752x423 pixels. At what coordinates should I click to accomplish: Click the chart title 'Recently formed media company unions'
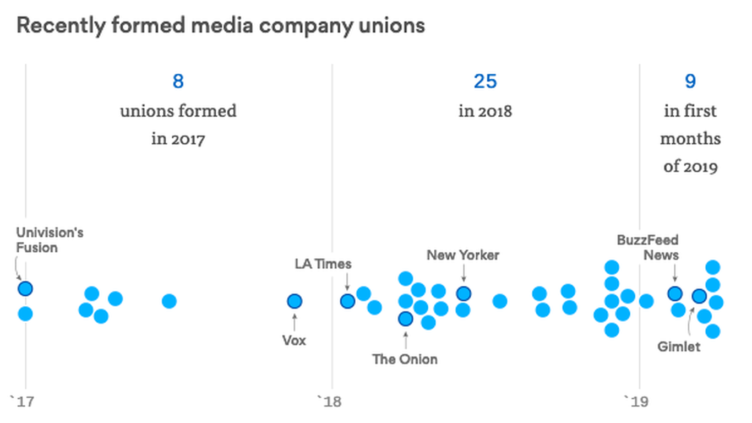[220, 25]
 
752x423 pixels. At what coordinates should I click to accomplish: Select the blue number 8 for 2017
[178, 82]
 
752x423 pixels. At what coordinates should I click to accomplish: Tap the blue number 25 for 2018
[485, 82]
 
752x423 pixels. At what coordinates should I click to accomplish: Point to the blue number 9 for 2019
[690, 82]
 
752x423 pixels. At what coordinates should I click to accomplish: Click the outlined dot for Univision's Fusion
[25, 288]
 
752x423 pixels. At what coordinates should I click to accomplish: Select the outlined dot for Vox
[295, 301]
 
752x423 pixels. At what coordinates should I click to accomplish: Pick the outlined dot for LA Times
[347, 301]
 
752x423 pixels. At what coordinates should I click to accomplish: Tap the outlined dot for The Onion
[405, 319]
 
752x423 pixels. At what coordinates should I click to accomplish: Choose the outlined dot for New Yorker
[464, 293]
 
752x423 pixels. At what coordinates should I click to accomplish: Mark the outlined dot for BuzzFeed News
[675, 294]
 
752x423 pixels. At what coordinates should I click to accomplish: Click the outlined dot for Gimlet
[699, 296]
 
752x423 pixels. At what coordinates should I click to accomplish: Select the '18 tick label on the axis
[329, 402]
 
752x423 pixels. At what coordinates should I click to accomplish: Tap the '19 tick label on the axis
[636, 402]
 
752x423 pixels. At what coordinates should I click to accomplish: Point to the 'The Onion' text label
[405, 359]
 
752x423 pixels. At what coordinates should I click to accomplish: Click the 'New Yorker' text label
[463, 255]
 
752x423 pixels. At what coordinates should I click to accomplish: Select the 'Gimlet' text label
[679, 346]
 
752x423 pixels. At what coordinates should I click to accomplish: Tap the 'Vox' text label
[294, 340]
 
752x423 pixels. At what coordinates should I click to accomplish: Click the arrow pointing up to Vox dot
[295, 322]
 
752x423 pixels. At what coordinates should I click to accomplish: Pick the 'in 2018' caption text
[485, 111]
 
